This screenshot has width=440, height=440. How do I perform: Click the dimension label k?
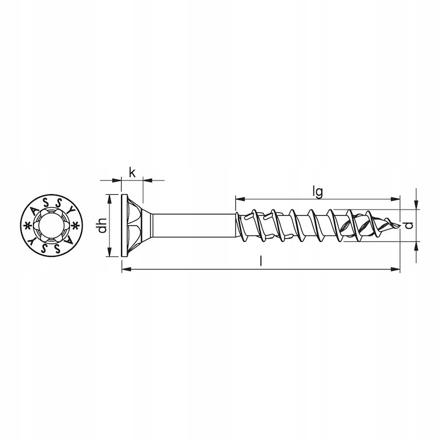click(x=132, y=173)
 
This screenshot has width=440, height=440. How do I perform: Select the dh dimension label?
click(x=102, y=226)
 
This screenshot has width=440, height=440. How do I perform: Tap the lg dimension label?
click(x=318, y=193)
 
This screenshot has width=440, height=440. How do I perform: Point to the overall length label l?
click(x=261, y=262)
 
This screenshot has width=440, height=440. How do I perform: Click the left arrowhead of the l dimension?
click(x=127, y=269)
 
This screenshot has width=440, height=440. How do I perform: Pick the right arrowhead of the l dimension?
click(x=395, y=269)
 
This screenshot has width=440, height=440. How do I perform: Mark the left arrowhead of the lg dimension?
click(x=240, y=199)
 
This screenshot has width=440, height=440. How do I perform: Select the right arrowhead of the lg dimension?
click(x=395, y=199)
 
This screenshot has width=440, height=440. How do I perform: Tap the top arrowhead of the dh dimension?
click(x=109, y=199)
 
